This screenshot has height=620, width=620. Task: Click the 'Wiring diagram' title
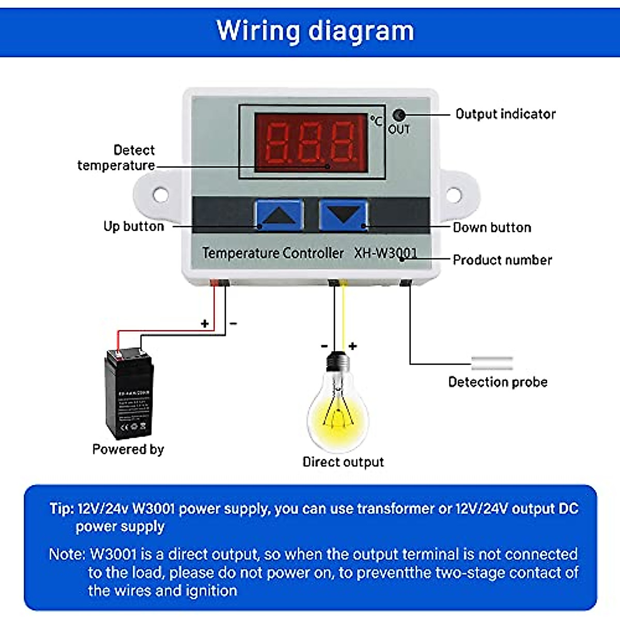(315, 30)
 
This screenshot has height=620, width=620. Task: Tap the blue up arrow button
(278, 215)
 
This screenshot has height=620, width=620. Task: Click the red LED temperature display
(311, 143)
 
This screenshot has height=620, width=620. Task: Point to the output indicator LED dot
(399, 115)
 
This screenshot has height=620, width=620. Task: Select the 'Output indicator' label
(505, 114)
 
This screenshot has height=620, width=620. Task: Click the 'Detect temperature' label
(117, 158)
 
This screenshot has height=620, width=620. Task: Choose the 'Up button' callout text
(133, 226)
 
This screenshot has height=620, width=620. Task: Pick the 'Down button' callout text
(492, 227)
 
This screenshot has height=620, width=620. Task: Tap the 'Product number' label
(502, 260)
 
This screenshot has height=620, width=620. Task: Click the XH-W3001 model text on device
(385, 253)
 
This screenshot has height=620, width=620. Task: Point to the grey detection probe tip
(492, 363)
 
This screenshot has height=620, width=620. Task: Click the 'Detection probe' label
(498, 382)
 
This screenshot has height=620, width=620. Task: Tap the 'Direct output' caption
(343, 462)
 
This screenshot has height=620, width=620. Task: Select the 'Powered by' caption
(128, 449)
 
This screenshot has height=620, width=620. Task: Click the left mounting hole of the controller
(161, 195)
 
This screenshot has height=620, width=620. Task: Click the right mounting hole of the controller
(453, 195)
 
